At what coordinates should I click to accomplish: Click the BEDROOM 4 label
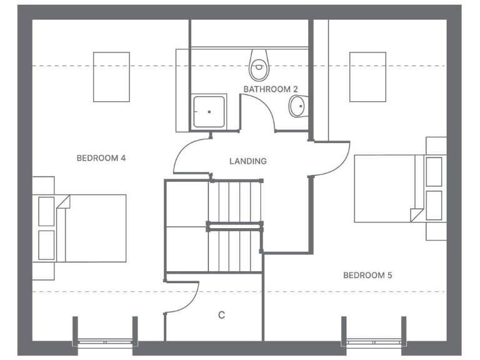[101, 158]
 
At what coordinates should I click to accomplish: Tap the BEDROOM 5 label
[367, 275]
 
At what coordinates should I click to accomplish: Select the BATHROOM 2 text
[267, 89]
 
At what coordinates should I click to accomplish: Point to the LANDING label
[247, 161]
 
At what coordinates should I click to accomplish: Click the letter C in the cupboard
[221, 315]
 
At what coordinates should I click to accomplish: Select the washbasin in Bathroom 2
[297, 107]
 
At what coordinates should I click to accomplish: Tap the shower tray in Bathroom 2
[209, 112]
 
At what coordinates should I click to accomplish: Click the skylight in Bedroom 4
[111, 76]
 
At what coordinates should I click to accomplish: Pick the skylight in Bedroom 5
[367, 76]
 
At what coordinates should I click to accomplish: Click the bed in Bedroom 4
[94, 228]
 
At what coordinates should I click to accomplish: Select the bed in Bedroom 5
[384, 188]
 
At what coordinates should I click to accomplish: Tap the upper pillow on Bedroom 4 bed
[47, 212]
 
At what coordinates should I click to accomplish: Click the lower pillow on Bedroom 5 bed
[434, 205]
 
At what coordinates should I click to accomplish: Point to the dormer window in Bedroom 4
[105, 341]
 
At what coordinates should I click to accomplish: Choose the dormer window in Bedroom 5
[373, 341]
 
